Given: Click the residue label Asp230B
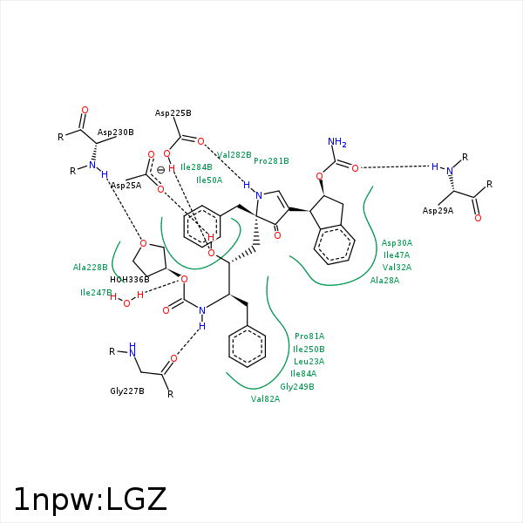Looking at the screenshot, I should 116,132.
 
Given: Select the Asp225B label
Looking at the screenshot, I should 173,113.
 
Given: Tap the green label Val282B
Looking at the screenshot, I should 234,154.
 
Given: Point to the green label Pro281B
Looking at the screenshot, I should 271,161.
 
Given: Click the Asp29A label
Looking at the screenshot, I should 438,211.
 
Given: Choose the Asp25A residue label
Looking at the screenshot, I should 126,186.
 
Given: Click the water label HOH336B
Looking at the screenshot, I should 129,279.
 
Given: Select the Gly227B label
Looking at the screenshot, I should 126,391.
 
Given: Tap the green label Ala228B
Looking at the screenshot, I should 90,268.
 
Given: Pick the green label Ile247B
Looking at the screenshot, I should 96,293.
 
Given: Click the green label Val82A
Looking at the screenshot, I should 265,398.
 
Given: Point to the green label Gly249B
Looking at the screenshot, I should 297,386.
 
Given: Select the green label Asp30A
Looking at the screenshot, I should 397,243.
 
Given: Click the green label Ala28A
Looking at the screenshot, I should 384,281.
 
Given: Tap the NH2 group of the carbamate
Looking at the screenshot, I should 337,142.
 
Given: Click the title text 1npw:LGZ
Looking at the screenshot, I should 90,499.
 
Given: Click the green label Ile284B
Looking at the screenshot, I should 196,167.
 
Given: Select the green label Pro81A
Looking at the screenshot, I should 309,336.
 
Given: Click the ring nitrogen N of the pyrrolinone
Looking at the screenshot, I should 259,195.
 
